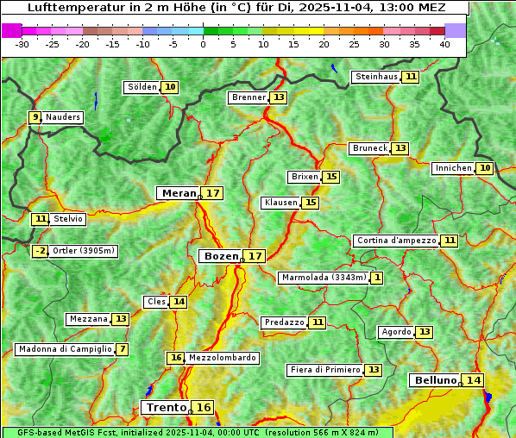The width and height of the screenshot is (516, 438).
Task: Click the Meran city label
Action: point(179,193)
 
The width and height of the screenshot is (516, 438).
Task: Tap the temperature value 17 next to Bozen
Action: point(255,256)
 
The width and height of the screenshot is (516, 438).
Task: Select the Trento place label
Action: point(166,408)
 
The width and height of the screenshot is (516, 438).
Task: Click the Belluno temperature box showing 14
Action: point(473,380)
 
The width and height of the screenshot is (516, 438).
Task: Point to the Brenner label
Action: point(249,97)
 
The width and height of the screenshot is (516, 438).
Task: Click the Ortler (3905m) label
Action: point(84,251)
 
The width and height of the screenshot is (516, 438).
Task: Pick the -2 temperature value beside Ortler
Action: point(40,251)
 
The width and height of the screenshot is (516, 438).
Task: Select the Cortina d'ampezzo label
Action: point(395,241)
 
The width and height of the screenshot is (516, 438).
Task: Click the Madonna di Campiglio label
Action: point(65,349)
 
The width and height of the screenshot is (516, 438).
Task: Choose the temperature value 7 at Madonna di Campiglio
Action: point(123,349)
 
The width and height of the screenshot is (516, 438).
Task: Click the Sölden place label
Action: point(142,87)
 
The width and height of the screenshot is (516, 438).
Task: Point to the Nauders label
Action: point(63,117)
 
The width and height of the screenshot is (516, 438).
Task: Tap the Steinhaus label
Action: point(377,77)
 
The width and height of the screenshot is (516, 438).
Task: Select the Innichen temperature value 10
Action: point(485,168)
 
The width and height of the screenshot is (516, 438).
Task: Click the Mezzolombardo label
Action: point(222,358)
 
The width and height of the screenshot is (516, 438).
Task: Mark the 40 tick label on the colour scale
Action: point(444,44)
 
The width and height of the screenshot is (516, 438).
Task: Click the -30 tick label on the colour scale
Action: point(22,44)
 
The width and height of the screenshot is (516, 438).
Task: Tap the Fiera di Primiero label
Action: point(324,370)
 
